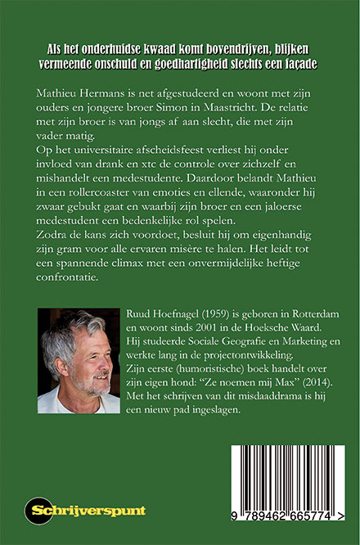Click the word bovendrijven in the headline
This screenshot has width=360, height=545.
224,47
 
